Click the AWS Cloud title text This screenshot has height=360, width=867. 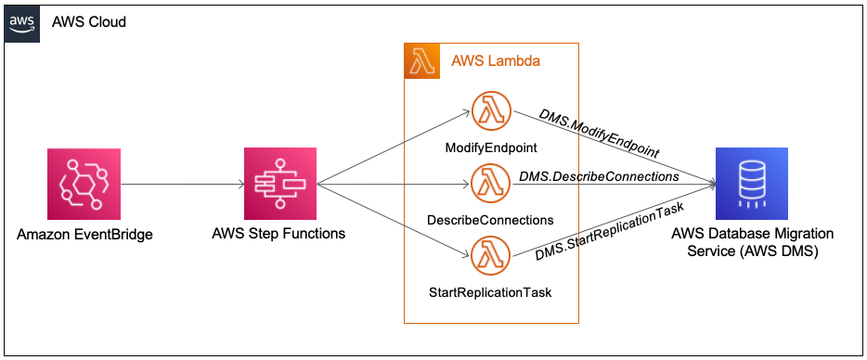pos(89,21)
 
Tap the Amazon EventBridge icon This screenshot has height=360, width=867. pos(84,185)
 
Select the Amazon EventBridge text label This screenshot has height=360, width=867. pos(84,234)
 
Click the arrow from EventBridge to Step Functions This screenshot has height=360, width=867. pos(182,185)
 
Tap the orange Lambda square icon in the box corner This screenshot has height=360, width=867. pos(422,61)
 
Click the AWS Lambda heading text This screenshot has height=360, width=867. pos(496,61)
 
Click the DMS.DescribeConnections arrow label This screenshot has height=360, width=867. pos(599,175)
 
